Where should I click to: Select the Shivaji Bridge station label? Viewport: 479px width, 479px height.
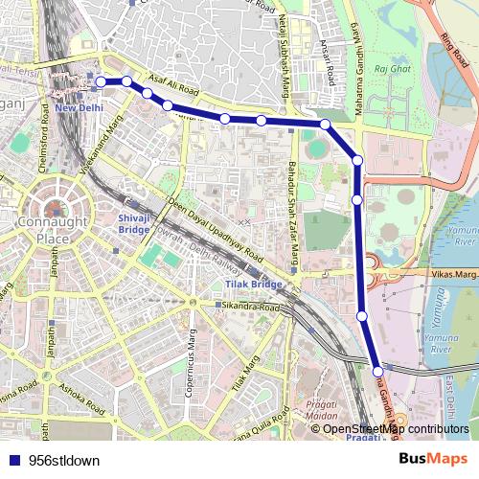133,224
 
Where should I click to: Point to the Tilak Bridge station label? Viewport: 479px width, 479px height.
253,285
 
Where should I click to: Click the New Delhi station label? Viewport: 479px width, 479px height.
80,108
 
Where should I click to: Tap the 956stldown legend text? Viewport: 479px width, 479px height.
64,460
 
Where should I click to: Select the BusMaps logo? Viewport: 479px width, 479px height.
434,459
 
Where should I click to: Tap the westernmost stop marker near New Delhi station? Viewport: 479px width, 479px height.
101,82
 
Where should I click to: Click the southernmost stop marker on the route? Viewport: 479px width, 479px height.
378,371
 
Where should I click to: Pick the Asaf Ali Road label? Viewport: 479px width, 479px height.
173,85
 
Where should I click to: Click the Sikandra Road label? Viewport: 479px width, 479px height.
251,307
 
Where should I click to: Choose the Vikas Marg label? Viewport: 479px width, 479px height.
452,275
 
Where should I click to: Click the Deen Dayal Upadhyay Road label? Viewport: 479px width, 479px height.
216,231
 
